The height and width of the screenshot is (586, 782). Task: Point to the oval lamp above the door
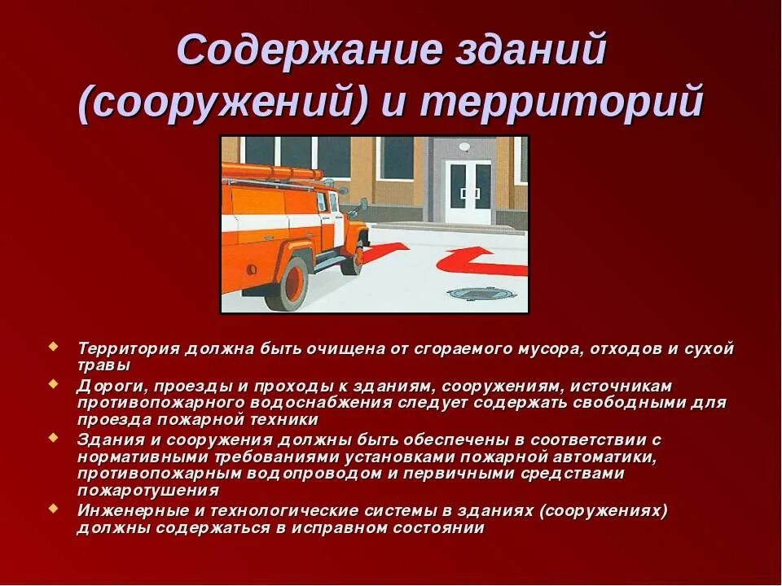coord(464,147)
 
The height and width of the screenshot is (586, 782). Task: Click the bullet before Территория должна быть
coord(55,346)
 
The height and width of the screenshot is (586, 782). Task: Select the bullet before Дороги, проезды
coord(55,383)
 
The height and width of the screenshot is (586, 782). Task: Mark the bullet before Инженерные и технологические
coord(55,509)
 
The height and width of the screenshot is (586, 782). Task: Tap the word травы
coord(103,365)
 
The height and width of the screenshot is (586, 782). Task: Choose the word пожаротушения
coord(148,491)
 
